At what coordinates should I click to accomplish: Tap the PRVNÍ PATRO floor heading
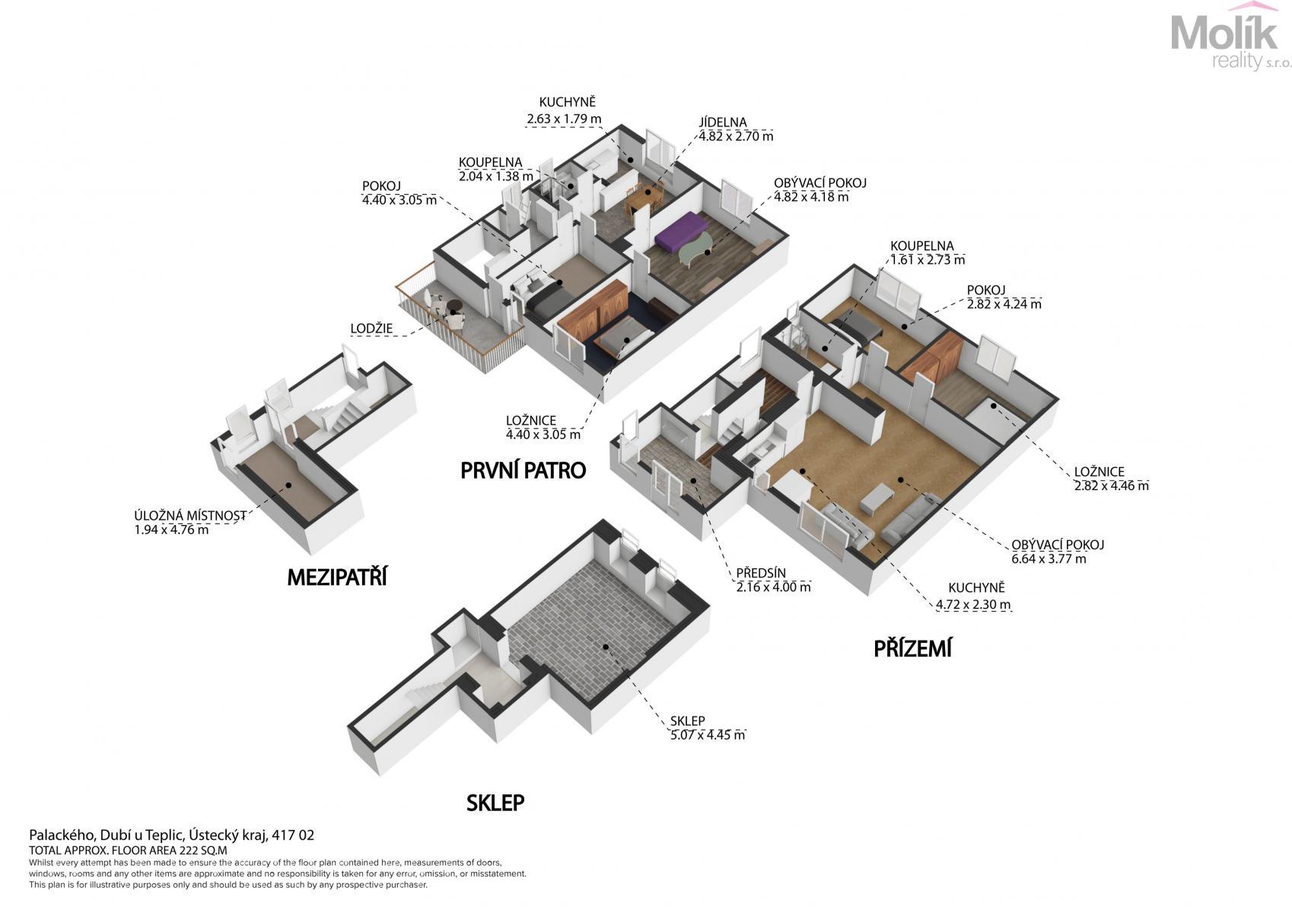[523, 471]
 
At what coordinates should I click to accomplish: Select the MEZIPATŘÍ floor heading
[337, 577]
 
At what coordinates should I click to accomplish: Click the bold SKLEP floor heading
[495, 803]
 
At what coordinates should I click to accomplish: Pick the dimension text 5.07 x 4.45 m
[708, 735]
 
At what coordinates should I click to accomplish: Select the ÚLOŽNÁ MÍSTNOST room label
[190, 516]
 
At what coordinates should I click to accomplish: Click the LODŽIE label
[371, 329]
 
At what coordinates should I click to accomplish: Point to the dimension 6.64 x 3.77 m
[1049, 559]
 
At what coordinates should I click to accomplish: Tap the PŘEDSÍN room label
[761, 574]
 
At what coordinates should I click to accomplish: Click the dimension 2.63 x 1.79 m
[564, 119]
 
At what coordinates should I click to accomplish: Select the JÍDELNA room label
[723, 122]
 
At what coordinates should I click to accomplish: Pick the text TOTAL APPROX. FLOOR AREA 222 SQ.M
[128, 850]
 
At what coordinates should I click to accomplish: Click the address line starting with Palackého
[172, 835]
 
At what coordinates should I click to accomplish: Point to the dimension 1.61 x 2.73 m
[928, 260]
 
